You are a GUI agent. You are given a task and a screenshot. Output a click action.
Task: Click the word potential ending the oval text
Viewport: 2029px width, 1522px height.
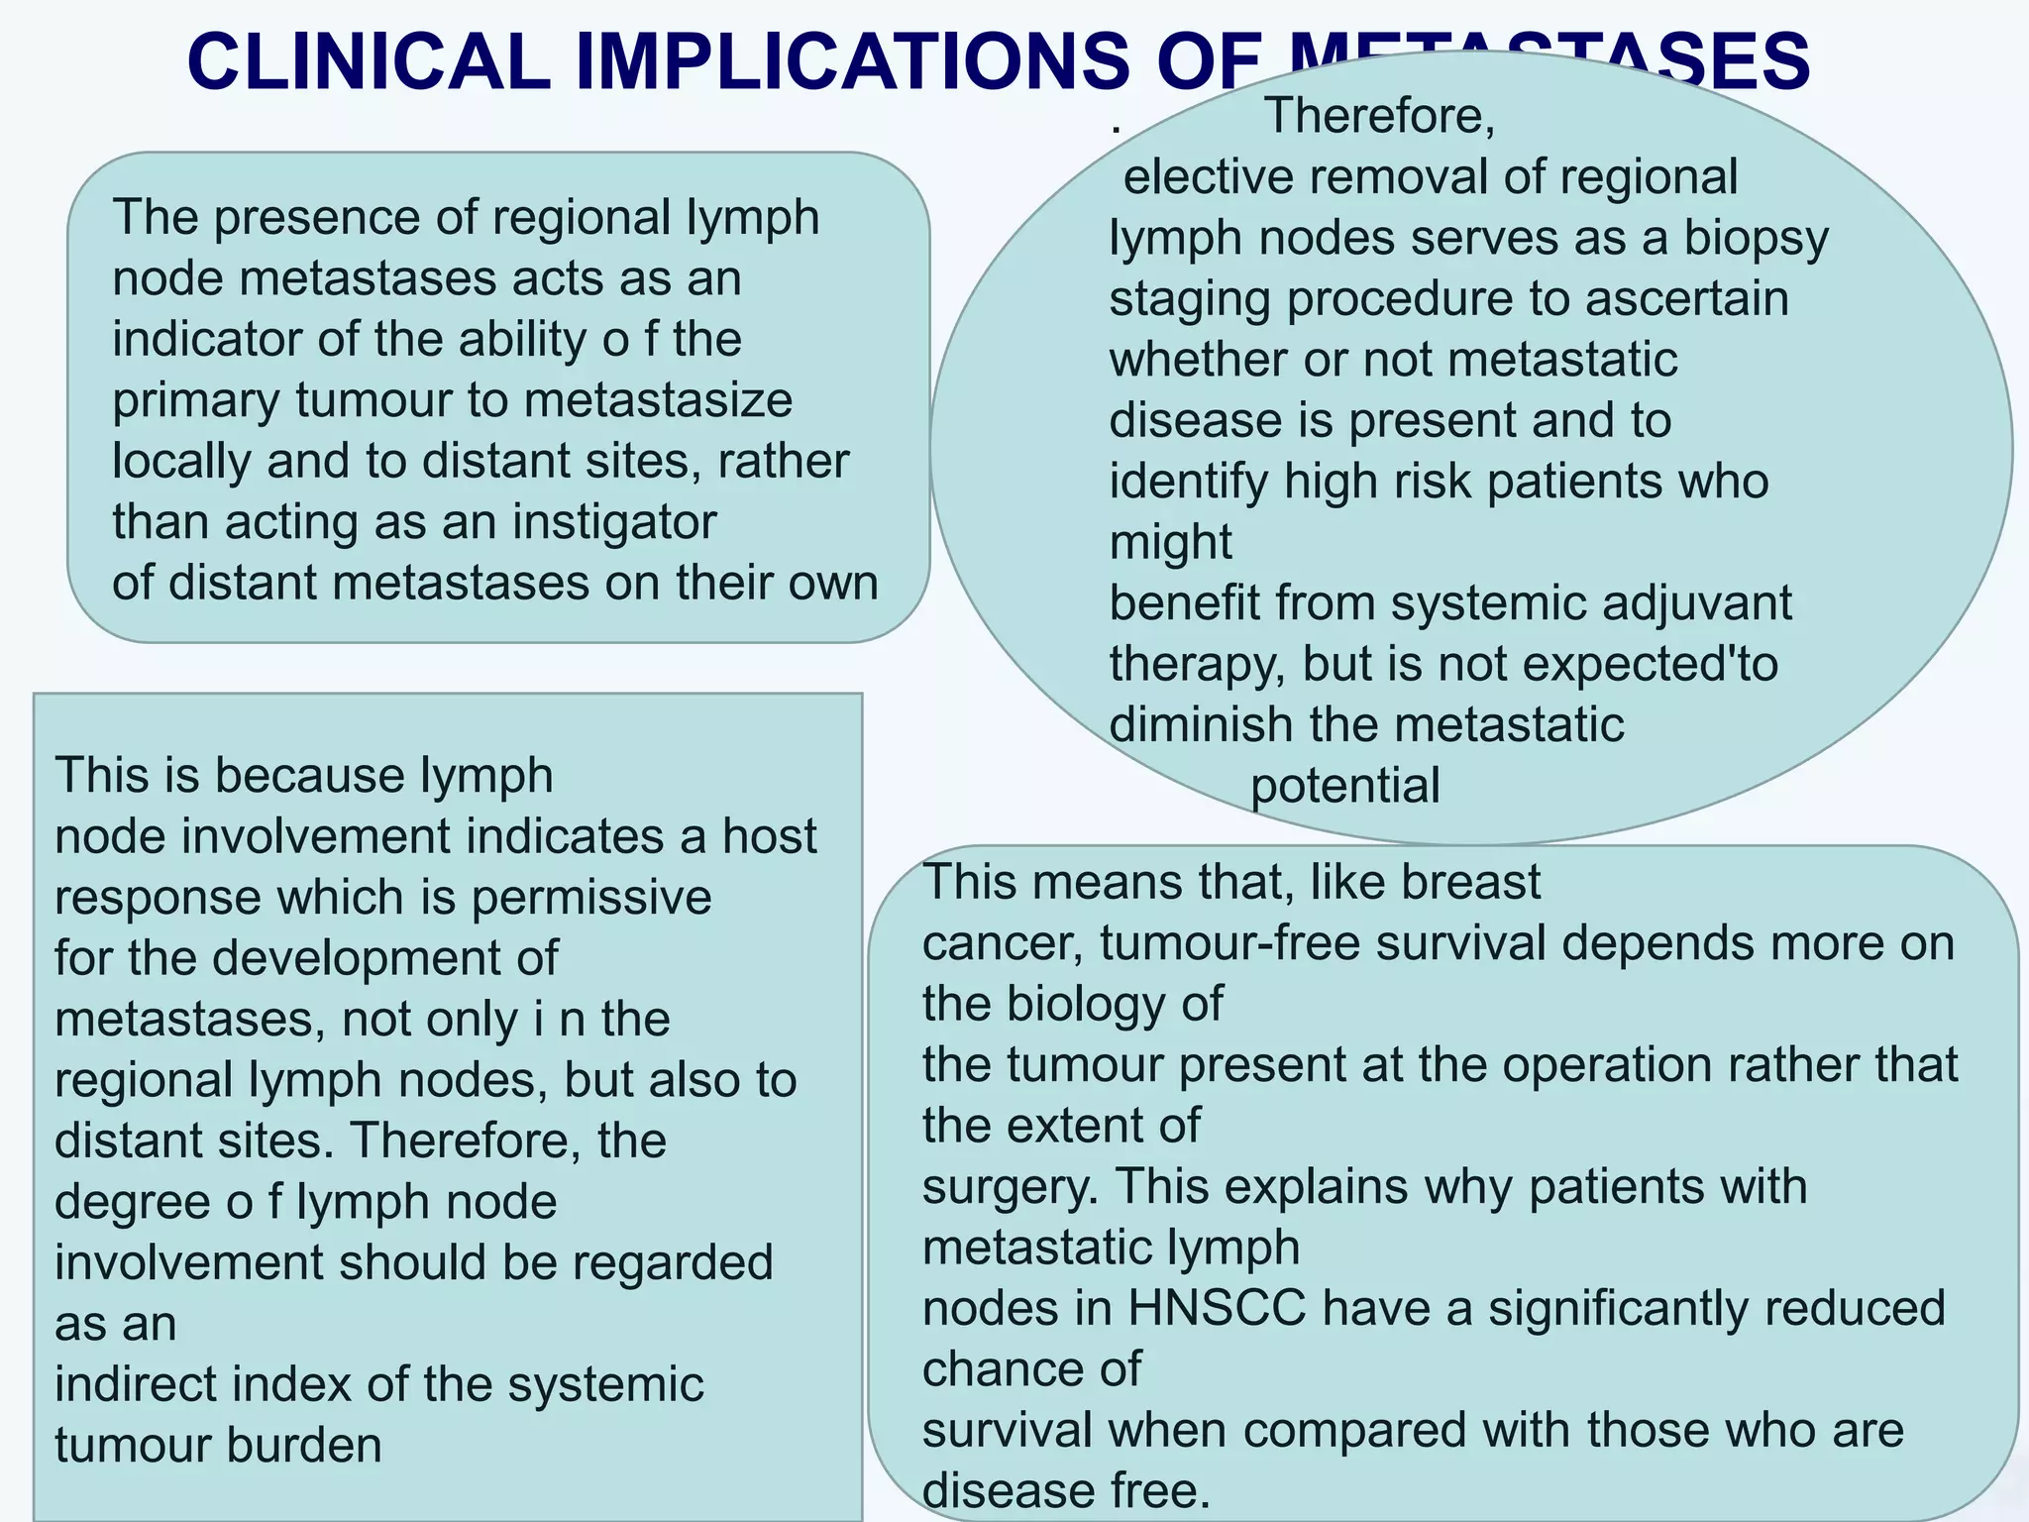(x=1344, y=786)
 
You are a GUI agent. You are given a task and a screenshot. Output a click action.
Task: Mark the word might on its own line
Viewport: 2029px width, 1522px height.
(x=1170, y=543)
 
